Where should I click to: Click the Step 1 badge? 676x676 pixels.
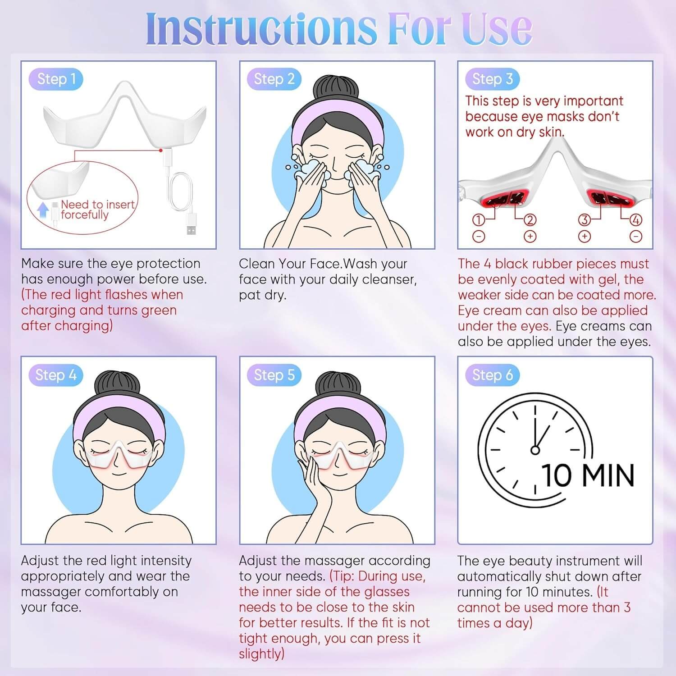[56, 79]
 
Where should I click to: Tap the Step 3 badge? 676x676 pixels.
[492, 79]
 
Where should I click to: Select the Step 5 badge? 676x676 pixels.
[274, 375]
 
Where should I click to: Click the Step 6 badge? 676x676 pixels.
[492, 375]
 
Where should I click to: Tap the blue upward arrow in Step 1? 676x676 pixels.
[43, 210]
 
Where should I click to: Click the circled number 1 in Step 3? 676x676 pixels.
[479, 220]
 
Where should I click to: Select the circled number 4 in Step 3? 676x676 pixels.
[636, 220]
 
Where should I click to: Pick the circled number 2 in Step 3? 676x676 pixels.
[530, 220]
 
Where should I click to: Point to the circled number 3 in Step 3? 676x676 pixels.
[585, 220]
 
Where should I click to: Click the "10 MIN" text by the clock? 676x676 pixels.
[588, 475]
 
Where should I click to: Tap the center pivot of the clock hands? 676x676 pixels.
[535, 449]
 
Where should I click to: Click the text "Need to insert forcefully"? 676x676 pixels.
[98, 210]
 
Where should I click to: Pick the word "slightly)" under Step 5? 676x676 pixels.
[262, 654]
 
